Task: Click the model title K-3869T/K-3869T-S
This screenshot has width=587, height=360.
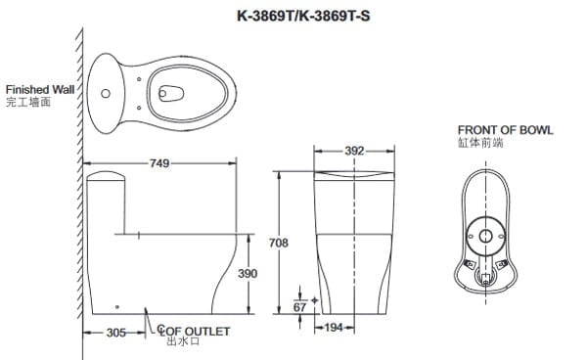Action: coord(303,16)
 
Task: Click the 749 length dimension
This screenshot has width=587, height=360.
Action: coord(159,163)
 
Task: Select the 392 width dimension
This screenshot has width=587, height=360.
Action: coord(354,151)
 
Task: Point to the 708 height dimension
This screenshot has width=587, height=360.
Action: coord(279,243)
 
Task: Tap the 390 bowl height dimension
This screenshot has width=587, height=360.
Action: coord(248,274)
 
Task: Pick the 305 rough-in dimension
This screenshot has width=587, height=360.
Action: coord(116,333)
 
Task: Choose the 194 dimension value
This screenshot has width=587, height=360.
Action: coord(334,328)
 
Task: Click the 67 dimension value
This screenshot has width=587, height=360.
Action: coord(299,307)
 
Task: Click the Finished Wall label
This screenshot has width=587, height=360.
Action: coord(40,90)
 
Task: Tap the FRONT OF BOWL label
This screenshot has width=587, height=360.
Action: coord(506,130)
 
